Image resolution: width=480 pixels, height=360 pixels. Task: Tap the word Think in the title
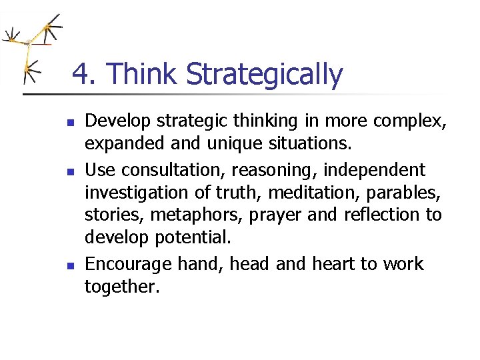point(143,75)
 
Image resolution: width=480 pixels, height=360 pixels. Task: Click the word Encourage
point(129,264)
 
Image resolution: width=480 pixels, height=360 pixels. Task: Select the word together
point(122,287)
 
